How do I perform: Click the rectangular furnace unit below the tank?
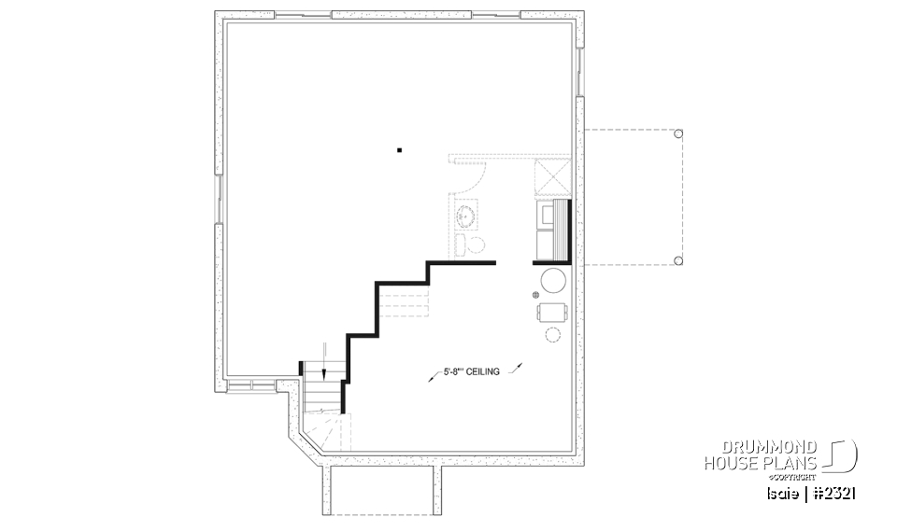[551, 311]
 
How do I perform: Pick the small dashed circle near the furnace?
[552, 334]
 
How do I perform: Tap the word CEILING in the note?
[481, 371]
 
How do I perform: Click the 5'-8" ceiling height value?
[449, 371]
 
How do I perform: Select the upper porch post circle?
[678, 133]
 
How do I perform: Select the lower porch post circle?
[678, 260]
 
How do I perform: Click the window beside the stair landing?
[251, 384]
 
